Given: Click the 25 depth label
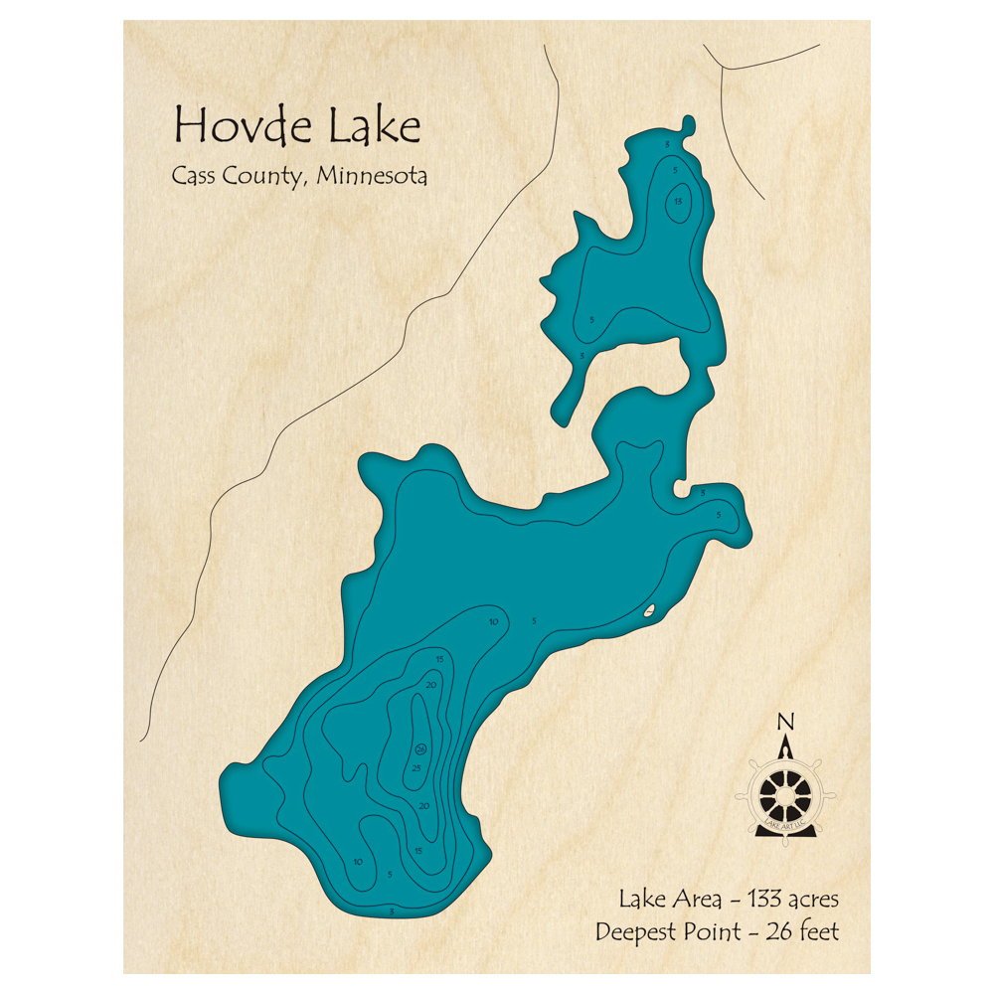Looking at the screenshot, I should tap(417, 768).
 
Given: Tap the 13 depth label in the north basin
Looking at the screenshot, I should tap(678, 203).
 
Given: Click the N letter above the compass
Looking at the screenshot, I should tap(785, 722).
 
